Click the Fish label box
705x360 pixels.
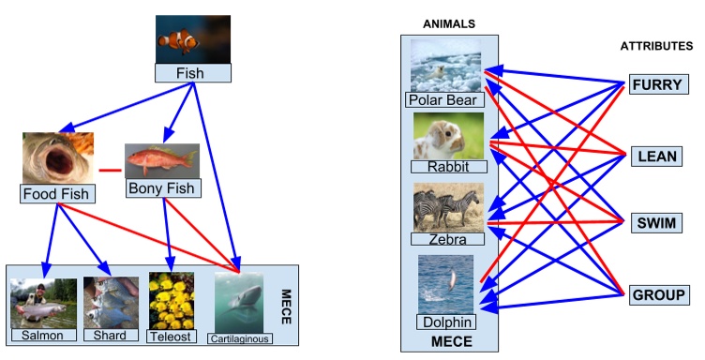point(192,72)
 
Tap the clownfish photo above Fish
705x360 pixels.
point(192,39)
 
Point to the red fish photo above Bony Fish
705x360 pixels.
point(162,160)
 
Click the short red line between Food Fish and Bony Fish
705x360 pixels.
point(112,171)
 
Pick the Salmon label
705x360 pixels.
point(43,335)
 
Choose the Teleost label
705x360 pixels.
point(170,335)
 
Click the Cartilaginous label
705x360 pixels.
point(240,337)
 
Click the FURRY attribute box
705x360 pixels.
point(659,84)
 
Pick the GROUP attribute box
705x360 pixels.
point(658,295)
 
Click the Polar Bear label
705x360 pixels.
point(444,99)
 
